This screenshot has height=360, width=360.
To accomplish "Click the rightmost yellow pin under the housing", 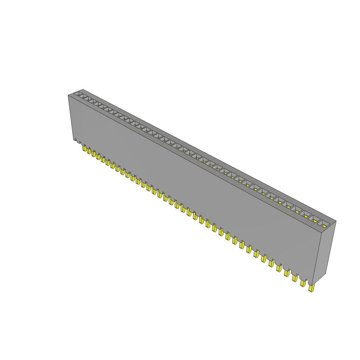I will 311,288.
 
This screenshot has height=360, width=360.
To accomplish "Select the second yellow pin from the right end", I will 302,283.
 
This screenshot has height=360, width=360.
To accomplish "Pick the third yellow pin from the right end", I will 295,278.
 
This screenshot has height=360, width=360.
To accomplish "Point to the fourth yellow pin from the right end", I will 287,273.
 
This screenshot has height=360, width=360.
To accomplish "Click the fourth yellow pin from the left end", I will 98,156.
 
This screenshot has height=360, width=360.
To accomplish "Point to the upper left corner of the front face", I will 68,96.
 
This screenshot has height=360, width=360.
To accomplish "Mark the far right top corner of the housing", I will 336,221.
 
